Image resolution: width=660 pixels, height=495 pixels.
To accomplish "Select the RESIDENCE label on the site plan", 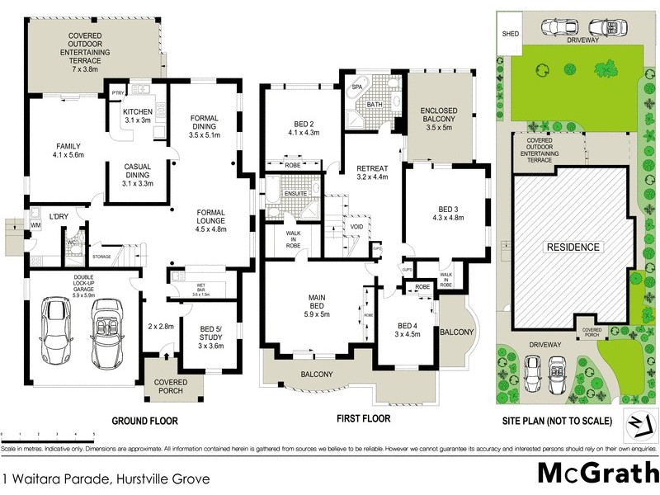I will coord(571,247).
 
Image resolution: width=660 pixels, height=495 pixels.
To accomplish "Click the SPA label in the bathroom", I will coord(358,86).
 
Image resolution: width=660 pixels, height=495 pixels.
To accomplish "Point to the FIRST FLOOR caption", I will coord(363,418).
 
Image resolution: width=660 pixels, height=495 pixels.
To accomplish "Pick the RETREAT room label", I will coord(371,171).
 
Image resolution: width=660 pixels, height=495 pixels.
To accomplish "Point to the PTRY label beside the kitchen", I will coord(118,93).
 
